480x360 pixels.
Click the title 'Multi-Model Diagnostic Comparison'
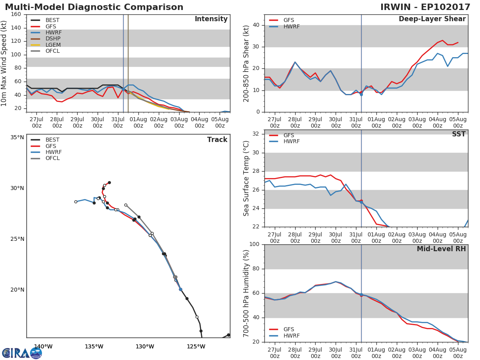(x=94, y=7)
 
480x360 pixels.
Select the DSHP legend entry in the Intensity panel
(x=52, y=39)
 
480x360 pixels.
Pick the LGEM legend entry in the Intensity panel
(x=53, y=45)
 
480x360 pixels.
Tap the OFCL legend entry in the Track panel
(x=52, y=158)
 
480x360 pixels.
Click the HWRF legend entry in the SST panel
(x=291, y=142)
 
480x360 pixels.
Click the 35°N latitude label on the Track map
(x=17, y=137)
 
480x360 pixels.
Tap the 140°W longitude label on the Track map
(x=43, y=347)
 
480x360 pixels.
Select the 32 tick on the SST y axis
(x=256, y=134)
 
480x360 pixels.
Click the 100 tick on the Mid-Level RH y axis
(x=254, y=244)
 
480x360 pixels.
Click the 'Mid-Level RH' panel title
(x=441, y=249)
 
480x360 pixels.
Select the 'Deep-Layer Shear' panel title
(x=432, y=19)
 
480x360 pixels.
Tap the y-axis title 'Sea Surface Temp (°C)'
(x=246, y=178)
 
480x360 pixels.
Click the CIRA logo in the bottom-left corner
(x=22, y=353)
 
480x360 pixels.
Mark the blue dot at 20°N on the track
(x=180, y=289)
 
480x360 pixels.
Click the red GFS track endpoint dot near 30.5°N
(x=109, y=182)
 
